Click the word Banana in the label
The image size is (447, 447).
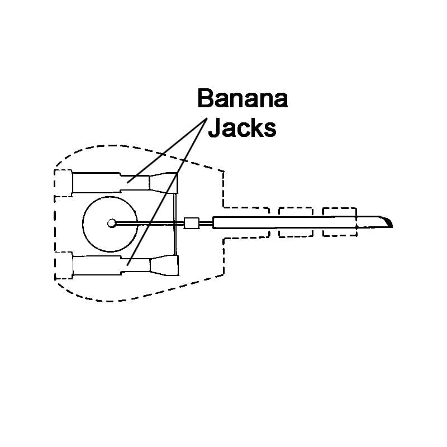(x=242, y=98)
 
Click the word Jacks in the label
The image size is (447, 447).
(x=242, y=128)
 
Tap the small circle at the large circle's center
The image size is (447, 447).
(x=112, y=223)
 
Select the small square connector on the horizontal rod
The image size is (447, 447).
(x=192, y=223)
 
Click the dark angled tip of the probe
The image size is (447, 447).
(x=388, y=222)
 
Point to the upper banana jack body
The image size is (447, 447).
(x=111, y=183)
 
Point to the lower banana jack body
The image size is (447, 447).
(x=111, y=265)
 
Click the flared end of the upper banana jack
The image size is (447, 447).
(x=164, y=183)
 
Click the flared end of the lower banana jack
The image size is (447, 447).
(x=164, y=265)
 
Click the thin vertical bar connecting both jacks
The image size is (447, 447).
(x=175, y=224)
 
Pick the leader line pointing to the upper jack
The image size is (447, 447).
(x=167, y=150)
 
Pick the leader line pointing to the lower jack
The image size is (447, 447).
(x=167, y=192)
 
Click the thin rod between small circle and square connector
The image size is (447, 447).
(x=150, y=223)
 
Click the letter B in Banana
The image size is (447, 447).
(x=205, y=98)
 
